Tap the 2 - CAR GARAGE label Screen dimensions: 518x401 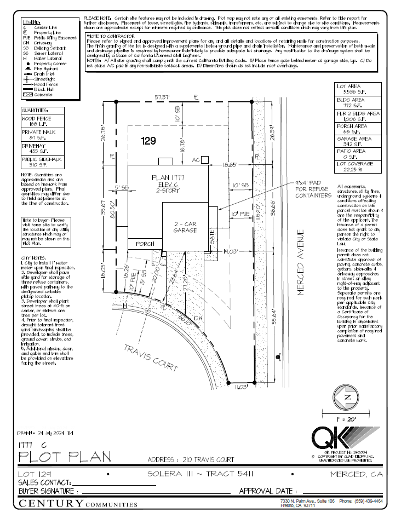point(185,227)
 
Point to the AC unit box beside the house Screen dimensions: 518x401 point(204,159)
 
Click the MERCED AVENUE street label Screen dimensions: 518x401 point(300,263)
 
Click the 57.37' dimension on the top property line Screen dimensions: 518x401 point(162,97)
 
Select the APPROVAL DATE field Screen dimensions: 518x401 point(307,491)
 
